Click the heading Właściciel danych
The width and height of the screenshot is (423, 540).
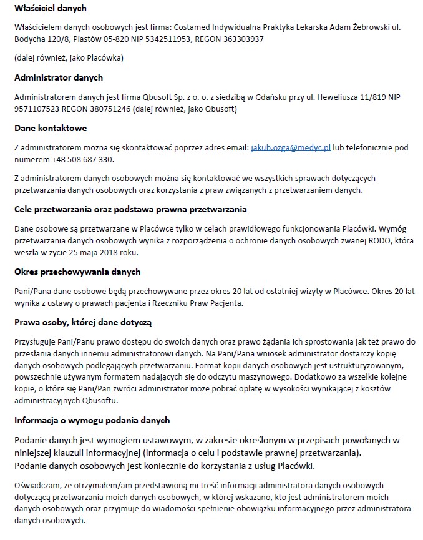pos(51,9)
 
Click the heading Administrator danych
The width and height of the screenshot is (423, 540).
pos(59,77)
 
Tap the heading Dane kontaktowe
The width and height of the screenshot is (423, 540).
pos(51,128)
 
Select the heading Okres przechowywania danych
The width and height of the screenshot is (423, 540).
pos(77,272)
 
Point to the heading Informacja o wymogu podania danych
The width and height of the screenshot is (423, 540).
pos(92,420)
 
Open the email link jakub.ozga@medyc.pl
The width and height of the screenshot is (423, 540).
pos(291,147)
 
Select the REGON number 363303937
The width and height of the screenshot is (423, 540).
pos(241,39)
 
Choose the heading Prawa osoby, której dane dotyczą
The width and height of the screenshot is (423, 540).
pos(84,322)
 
